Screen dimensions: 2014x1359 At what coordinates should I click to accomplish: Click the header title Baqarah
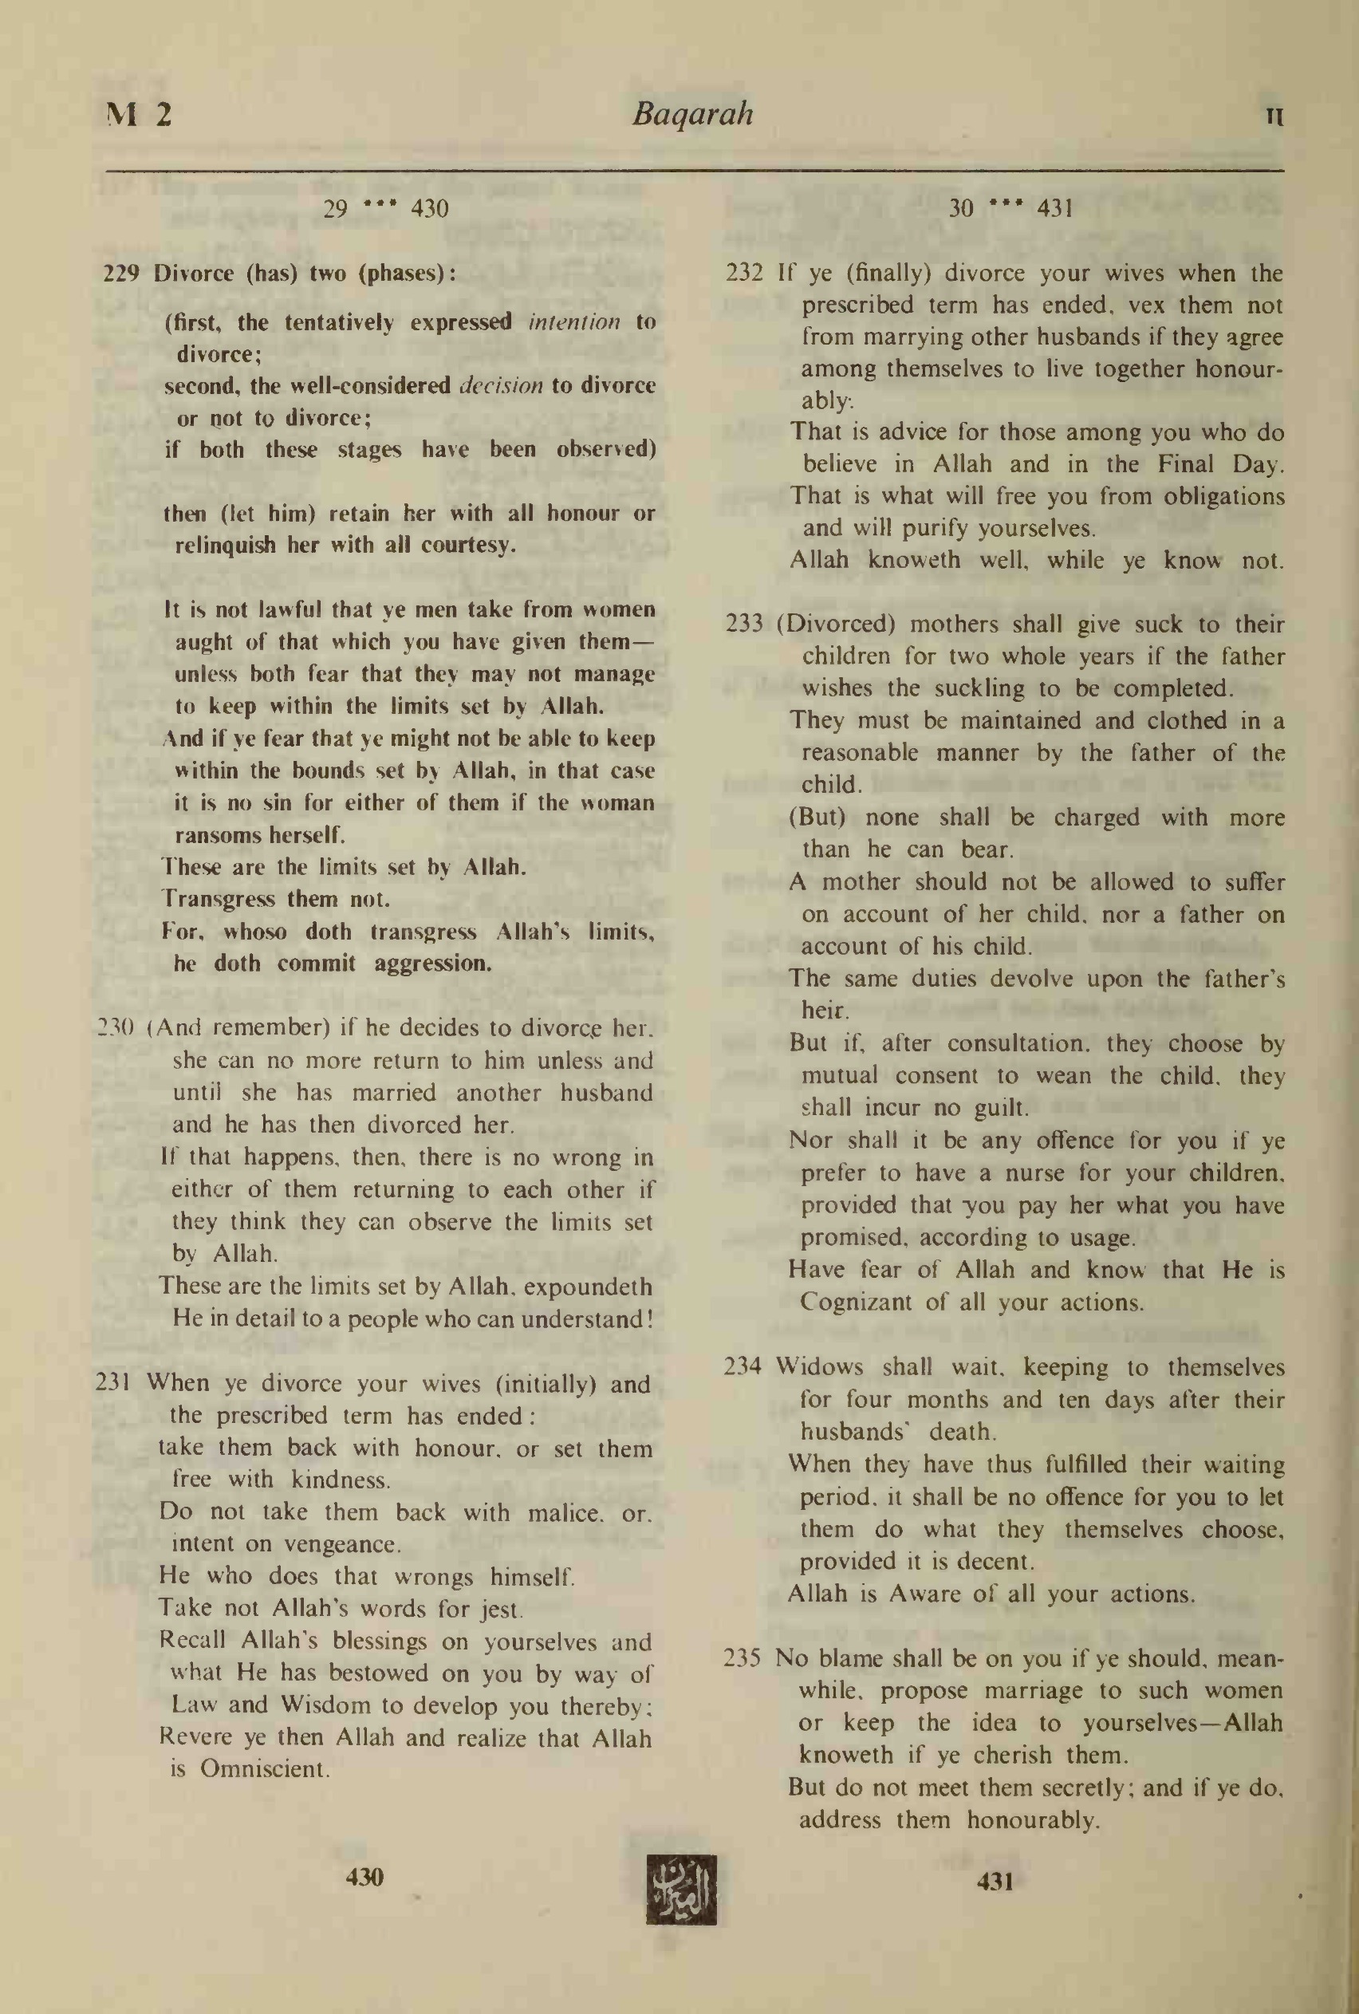coord(692,114)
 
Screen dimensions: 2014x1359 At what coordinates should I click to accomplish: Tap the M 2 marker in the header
coord(139,113)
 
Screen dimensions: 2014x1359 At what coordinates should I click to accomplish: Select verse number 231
coord(112,1382)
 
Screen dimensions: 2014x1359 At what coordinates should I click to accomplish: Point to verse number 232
coord(743,274)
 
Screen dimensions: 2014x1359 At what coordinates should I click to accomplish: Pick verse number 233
coord(743,624)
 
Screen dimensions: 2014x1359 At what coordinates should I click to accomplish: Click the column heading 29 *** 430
coord(386,209)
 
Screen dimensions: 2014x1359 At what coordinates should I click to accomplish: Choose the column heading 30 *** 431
coord(1010,209)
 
